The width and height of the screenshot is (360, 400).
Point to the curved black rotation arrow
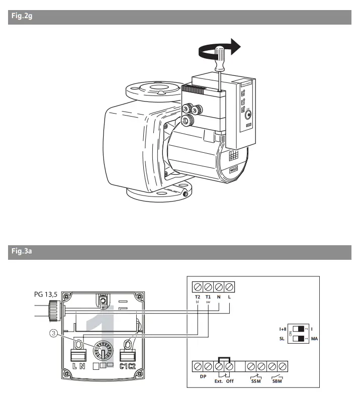216,49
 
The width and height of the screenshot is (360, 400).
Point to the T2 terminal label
198,297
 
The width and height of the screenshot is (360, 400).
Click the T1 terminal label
208,297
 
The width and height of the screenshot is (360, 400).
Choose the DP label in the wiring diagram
203,376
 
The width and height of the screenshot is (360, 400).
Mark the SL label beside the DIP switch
283,338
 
